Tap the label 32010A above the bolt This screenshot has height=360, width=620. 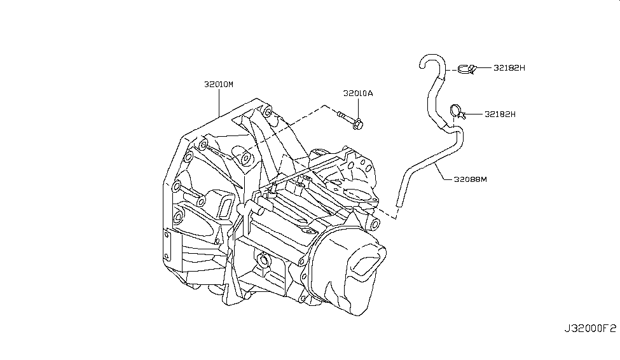(x=358, y=93)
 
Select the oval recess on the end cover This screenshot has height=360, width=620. (x=369, y=261)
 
